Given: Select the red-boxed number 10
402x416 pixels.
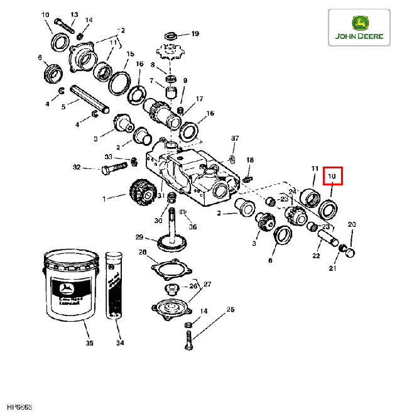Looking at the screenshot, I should click(333, 177).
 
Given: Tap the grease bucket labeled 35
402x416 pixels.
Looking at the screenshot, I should click(70, 286).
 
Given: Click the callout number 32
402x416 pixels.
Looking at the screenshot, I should click(77, 167).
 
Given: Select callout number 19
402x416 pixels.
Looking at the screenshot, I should click(195, 33).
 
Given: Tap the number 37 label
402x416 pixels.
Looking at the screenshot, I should click(235, 138).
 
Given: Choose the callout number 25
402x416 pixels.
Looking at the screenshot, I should click(230, 310).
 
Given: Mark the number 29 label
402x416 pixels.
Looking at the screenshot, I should click(139, 237).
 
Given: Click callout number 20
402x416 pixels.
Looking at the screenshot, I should click(352, 224).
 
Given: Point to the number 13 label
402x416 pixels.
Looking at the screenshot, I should click(74, 14).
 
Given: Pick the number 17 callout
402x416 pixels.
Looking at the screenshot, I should click(199, 99).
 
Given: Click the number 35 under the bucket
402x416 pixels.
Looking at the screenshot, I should click(89, 343).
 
